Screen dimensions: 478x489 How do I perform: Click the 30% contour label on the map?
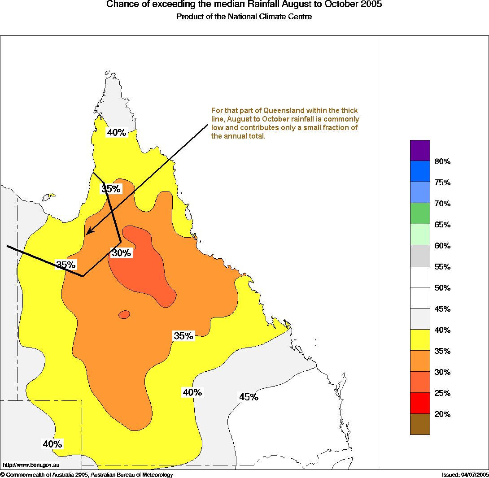tap(121, 253)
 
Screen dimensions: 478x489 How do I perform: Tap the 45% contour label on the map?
tap(248, 397)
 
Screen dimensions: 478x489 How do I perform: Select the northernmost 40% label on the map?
tap(116, 132)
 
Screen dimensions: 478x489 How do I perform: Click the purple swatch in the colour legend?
tap(420, 150)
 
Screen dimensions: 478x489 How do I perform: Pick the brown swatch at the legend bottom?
tap(420, 424)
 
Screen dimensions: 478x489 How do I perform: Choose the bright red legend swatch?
tap(420, 403)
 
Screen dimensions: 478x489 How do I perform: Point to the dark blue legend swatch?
tap(420, 171)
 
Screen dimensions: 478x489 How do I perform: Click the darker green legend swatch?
tap(420, 213)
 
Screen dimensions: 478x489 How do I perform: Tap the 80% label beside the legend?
tap(442, 161)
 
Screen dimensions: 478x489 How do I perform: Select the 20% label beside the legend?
tap(442, 414)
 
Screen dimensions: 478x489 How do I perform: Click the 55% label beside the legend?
tap(442, 267)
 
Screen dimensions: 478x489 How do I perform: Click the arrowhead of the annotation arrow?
tap(89, 232)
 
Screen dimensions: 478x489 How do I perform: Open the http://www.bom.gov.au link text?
tap(31, 465)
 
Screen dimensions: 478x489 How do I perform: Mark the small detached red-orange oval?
tap(125, 314)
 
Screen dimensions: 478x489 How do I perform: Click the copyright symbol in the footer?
tap(3, 474)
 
